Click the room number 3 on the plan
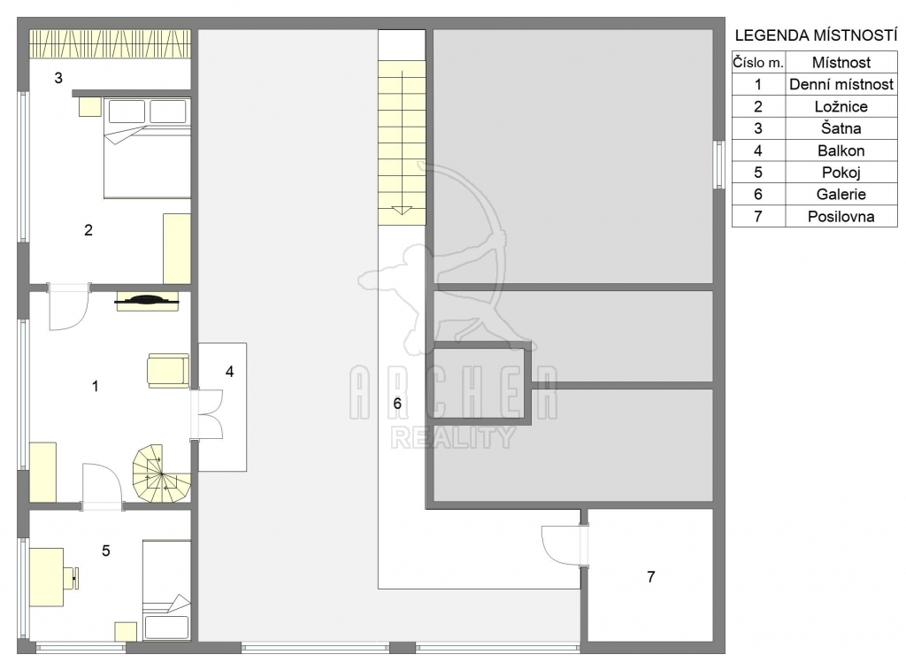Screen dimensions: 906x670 [x=58, y=78]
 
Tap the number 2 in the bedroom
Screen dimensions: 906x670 [x=88, y=230]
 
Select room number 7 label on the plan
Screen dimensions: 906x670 [x=651, y=576]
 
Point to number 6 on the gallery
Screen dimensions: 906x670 [x=397, y=403]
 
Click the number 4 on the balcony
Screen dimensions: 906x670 [x=229, y=372]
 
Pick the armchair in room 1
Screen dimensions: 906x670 [x=168, y=371]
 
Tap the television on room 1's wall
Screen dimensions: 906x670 [x=148, y=300]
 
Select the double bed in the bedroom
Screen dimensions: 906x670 [x=148, y=148]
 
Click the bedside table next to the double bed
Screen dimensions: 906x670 [x=90, y=107]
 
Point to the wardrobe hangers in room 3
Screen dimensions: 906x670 [x=110, y=43]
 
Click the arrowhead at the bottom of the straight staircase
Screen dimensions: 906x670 [x=402, y=211]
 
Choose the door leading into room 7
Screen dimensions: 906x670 [x=564, y=545]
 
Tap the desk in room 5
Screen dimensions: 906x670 [x=46, y=577]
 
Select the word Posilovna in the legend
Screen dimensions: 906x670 [x=841, y=217]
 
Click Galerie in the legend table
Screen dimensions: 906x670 [x=841, y=194]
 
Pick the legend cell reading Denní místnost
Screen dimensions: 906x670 [x=841, y=84]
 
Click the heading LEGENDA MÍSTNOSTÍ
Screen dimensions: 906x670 [x=816, y=35]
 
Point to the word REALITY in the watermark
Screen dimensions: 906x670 [x=453, y=437]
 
